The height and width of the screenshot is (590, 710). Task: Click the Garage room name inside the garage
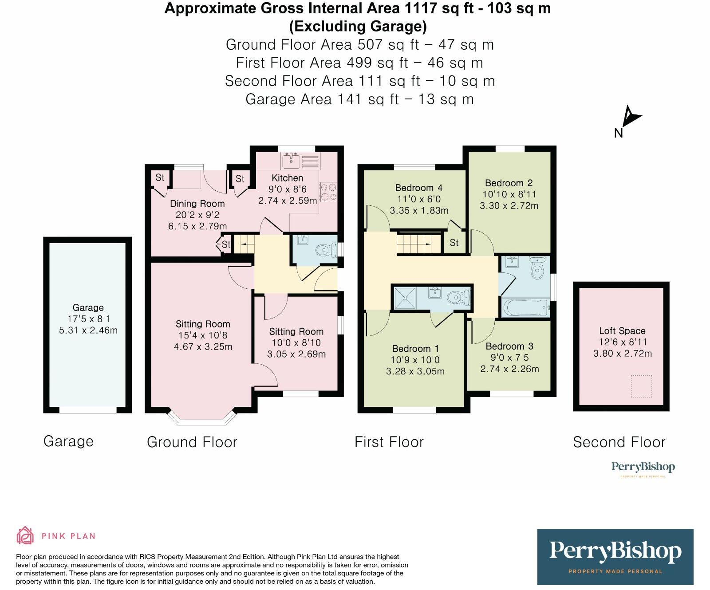(x=88, y=307)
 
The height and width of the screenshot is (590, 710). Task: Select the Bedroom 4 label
(x=418, y=188)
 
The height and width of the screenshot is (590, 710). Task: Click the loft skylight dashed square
(x=641, y=386)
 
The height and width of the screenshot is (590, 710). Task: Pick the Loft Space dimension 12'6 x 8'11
(x=623, y=342)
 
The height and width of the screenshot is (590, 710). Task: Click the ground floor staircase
(x=243, y=244)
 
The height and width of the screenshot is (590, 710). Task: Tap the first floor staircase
(x=414, y=243)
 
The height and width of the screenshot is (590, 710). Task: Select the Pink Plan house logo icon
(x=25, y=535)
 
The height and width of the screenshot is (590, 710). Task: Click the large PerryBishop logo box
(x=615, y=557)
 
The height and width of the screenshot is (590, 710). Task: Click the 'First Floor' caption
(x=389, y=442)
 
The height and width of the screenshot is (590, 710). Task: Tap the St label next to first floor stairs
(x=454, y=243)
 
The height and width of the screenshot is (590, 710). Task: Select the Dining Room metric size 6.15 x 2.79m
(x=197, y=226)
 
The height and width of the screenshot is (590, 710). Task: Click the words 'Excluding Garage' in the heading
(x=358, y=27)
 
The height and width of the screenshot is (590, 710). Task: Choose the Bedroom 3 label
(x=509, y=346)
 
